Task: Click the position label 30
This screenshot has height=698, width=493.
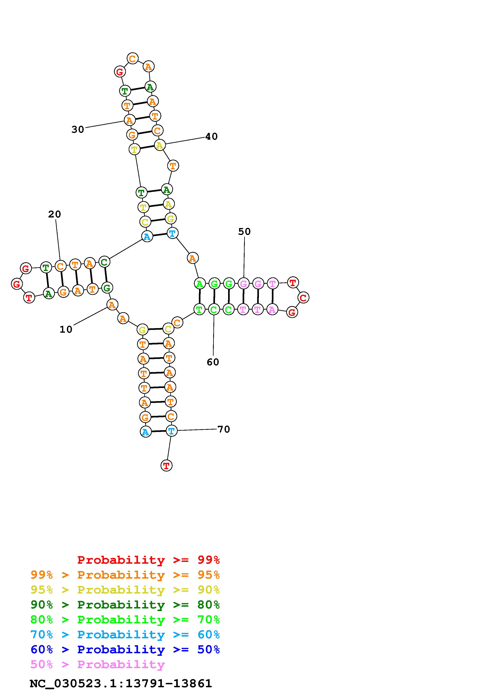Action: coord(78,130)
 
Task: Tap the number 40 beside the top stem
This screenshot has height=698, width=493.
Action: coord(211,136)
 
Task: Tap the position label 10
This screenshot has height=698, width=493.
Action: coord(66,330)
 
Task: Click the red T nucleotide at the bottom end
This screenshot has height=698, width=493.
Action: coord(166,465)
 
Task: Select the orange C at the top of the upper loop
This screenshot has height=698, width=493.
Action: coord(132,58)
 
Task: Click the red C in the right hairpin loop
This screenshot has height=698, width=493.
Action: coord(303,298)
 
